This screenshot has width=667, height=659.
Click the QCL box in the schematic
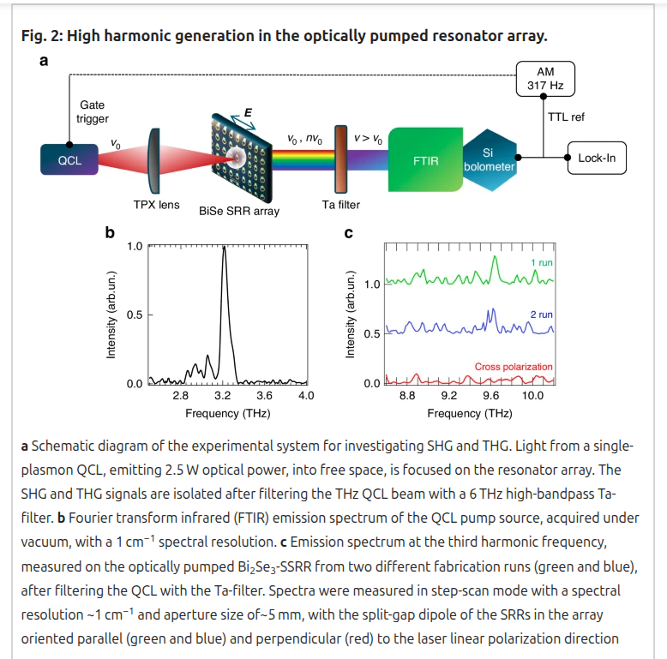69,159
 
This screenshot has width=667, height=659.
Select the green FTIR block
425,160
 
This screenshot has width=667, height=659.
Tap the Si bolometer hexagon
488,159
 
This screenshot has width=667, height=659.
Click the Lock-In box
597,158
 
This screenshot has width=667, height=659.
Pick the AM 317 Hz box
545,79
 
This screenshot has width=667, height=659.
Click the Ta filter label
341,205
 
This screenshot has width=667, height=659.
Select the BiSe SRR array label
238,211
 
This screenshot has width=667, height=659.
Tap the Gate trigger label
93,111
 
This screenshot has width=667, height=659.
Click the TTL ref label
566,117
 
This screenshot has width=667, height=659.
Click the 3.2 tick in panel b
223,396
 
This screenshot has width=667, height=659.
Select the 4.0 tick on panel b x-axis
306,396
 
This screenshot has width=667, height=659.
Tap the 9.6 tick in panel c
491,396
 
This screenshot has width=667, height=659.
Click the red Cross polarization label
514,367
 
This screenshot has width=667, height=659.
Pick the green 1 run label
542,262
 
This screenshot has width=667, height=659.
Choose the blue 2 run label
542,315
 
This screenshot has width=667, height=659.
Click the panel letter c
348,231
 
